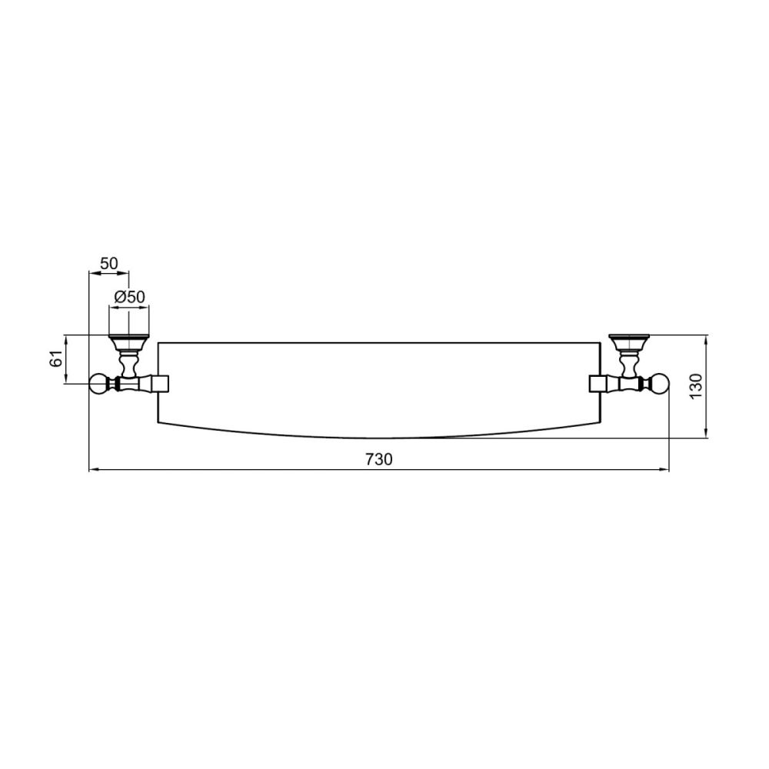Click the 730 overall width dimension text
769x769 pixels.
tap(378, 459)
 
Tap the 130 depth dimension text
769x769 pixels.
tap(696, 386)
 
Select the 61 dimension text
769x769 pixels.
tap(56, 358)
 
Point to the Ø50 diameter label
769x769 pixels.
tap(129, 297)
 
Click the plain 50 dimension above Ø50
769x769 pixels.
tap(109, 263)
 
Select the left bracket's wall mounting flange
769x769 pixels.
tap(128, 341)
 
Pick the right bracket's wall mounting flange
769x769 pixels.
tap(630, 339)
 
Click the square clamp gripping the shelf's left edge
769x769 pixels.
tap(160, 383)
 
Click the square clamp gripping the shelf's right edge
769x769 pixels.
tap(598, 383)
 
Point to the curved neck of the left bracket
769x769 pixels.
tap(128, 361)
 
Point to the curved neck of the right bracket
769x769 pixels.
tap(630, 360)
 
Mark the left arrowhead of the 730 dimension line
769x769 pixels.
tap(93, 469)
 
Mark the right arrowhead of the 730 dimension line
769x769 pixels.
tap(665, 469)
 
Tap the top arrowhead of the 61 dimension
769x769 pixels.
tap(66, 338)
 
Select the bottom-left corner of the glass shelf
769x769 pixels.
tap(158, 423)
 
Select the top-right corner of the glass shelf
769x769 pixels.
tap(600, 342)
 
